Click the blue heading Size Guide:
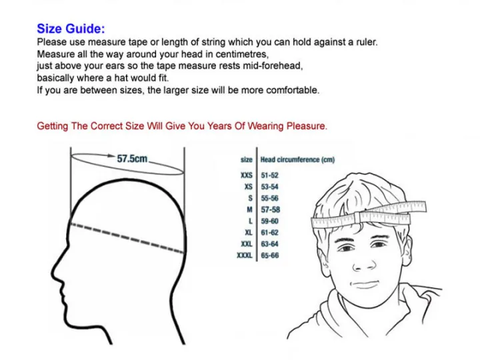(x=71, y=29)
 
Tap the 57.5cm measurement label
(x=132, y=159)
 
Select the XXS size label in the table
(x=247, y=175)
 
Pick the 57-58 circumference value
(x=270, y=210)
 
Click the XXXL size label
(x=245, y=255)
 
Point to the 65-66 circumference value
(x=270, y=255)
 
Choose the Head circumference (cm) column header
(x=297, y=159)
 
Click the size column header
(x=247, y=159)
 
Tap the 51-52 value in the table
(x=269, y=175)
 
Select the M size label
(x=249, y=210)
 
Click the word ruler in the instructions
(x=367, y=41)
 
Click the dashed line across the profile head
(x=127, y=238)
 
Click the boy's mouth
(x=365, y=285)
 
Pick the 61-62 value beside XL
(x=269, y=233)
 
